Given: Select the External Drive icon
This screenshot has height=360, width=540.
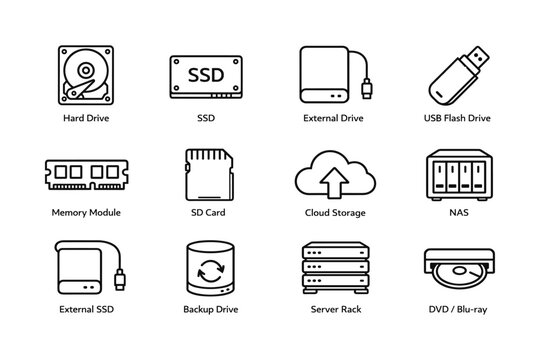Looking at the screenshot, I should pyautogui.click(x=329, y=75).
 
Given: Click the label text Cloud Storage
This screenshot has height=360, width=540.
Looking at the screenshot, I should pyautogui.click(x=334, y=213).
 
